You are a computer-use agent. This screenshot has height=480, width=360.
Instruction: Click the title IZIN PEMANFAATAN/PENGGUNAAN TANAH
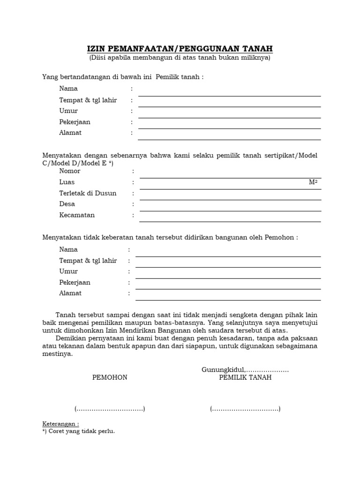[x=180, y=49]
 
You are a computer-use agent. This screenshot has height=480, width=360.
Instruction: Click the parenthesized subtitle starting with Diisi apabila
[x=180, y=58]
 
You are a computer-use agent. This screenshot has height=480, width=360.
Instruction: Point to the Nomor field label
[x=70, y=171]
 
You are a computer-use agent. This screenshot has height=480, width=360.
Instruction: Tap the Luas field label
[x=67, y=182]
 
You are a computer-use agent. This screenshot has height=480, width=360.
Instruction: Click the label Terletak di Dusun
[x=88, y=193]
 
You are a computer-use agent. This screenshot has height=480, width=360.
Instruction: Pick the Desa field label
[x=67, y=204]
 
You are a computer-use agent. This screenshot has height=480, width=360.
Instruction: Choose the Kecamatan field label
[x=77, y=215]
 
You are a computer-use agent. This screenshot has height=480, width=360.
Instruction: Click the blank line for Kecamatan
[x=230, y=221]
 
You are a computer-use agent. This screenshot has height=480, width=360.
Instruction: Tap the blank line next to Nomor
[x=230, y=178]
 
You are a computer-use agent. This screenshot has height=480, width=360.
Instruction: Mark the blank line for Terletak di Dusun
[x=230, y=199]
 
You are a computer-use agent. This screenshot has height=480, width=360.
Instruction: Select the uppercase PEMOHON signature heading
[x=110, y=378]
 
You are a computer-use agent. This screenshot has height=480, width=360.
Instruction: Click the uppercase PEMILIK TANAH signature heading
[x=245, y=378]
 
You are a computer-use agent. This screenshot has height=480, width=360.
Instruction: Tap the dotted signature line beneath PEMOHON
[x=110, y=409]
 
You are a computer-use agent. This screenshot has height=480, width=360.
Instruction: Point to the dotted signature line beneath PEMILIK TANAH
[x=245, y=409]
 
